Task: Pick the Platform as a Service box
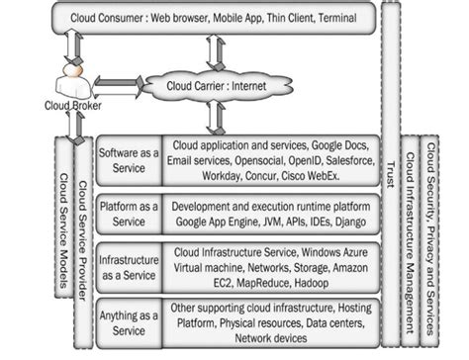(129, 214)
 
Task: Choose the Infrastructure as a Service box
(129, 266)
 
